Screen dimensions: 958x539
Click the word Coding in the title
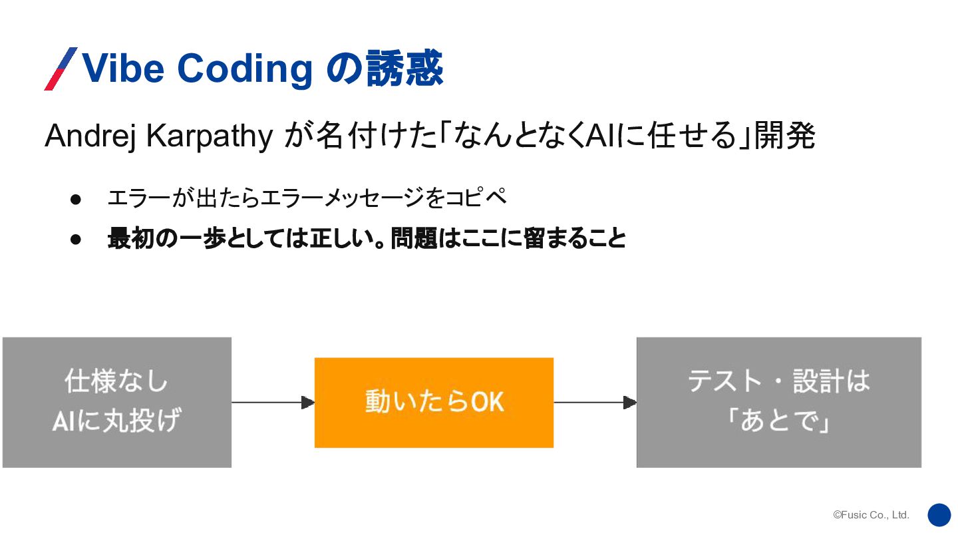tap(245, 69)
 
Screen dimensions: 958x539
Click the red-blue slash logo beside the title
tap(61, 69)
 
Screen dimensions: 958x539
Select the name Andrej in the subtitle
tap(90, 137)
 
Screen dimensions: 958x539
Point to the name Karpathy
tap(209, 137)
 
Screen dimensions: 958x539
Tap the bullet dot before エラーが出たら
tap(75, 199)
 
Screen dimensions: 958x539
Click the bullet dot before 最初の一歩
tap(75, 238)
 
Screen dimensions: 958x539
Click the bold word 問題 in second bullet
tap(413, 238)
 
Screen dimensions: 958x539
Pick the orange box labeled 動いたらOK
tap(434, 402)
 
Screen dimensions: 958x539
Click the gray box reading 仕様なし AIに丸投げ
tap(117, 402)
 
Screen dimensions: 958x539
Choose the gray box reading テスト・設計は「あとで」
tap(778, 402)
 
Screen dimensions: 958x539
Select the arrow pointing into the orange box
tap(273, 402)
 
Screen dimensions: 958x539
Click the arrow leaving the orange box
tap(595, 402)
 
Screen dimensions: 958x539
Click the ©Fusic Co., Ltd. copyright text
tap(871, 515)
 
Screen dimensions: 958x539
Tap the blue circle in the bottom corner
tap(939, 514)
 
